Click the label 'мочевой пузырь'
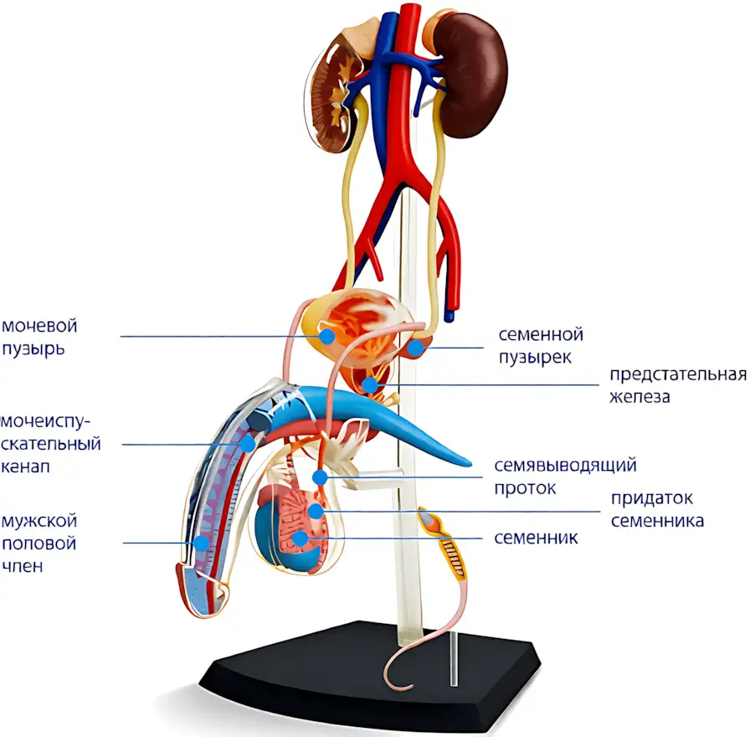click(39, 337)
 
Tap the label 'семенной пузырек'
click(541, 346)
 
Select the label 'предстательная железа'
click(678, 385)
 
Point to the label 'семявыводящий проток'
click(565, 477)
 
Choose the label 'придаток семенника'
click(657, 509)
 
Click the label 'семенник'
click(536, 538)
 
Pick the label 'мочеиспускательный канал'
click(51, 444)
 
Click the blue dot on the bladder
click(326, 337)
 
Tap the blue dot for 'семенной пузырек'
click(415, 348)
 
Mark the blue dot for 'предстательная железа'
click(369, 384)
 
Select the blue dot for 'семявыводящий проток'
click(320, 477)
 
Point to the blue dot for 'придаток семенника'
click(316, 511)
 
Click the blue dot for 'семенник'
click(300, 538)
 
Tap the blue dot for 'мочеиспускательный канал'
click(247, 444)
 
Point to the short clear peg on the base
click(454, 658)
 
